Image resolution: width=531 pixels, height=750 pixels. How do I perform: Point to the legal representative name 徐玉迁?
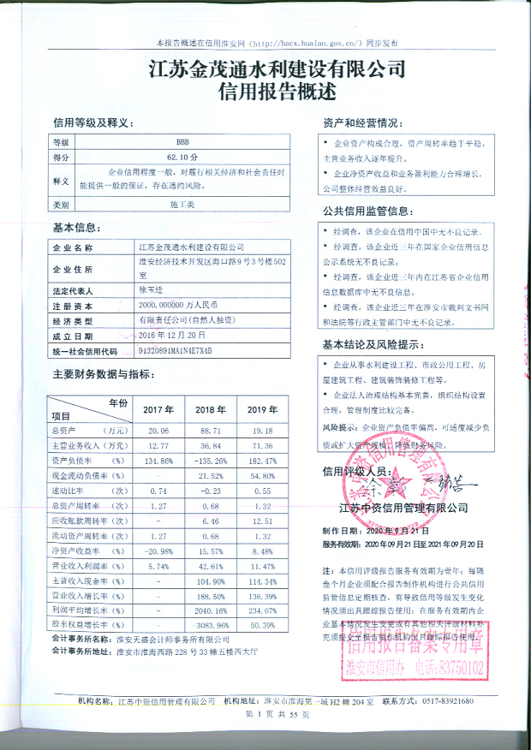[152, 290]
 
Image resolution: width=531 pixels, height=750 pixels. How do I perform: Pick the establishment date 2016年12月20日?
[173, 336]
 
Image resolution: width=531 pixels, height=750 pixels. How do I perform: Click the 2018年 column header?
[211, 409]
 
